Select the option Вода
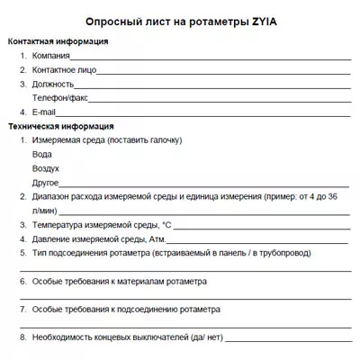click(41, 154)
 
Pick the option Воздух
click(46, 167)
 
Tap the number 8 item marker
click(22, 336)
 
